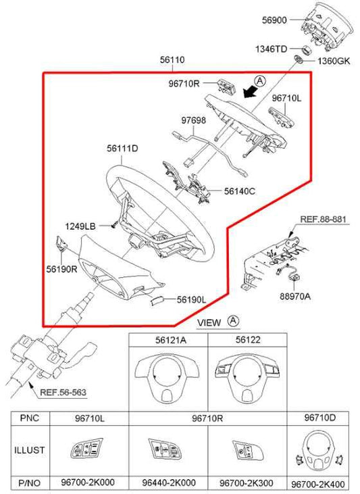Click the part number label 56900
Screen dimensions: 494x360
click(x=275, y=21)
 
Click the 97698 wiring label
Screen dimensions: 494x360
click(x=174, y=120)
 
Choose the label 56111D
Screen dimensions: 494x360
click(x=122, y=147)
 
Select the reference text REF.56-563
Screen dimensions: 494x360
click(x=63, y=392)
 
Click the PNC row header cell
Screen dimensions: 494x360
click(x=28, y=419)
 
